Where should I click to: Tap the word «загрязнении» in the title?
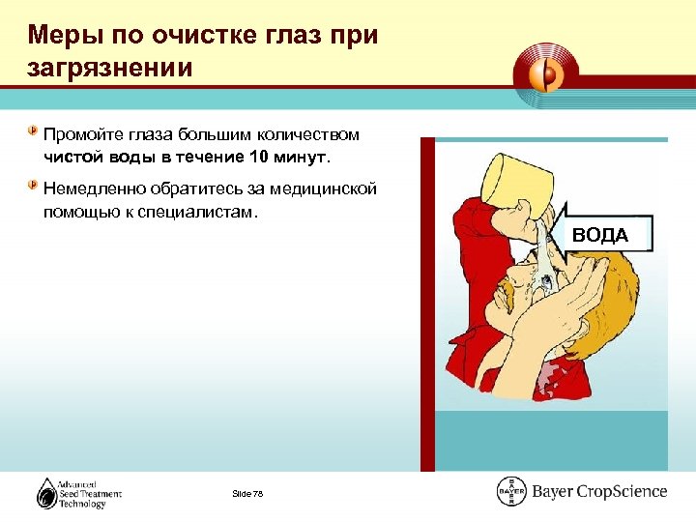pos(110,70)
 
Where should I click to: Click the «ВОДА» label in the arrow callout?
pos(599,235)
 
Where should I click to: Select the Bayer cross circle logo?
pos(511,492)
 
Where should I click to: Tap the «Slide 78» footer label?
pos(247,494)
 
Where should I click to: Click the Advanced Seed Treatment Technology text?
pos(93,494)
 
